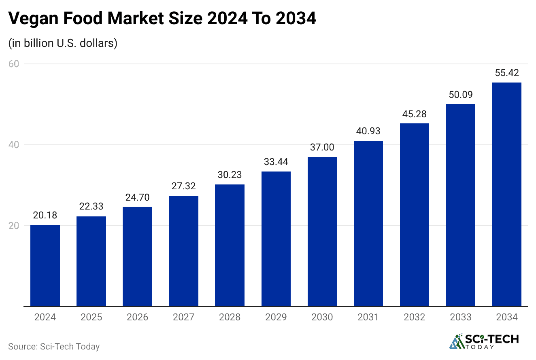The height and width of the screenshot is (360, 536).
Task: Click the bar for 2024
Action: point(45,266)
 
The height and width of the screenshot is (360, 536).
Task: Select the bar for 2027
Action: point(183,251)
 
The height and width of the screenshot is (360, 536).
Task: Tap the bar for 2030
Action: point(322,231)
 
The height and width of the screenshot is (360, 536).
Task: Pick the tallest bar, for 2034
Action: point(506,195)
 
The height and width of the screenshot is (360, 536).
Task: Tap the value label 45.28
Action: point(414,114)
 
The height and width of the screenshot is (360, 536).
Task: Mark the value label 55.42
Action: point(506,73)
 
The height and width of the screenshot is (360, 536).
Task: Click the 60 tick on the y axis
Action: point(15,64)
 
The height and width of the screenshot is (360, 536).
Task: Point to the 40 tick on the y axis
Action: point(15,145)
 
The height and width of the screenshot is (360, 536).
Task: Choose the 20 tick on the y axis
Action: point(15,226)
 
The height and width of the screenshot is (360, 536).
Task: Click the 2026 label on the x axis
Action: point(137,317)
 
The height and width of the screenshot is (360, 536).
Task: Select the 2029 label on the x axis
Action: point(276,317)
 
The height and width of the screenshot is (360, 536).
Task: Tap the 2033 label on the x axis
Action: point(460,317)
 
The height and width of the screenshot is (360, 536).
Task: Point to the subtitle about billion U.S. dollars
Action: point(63,43)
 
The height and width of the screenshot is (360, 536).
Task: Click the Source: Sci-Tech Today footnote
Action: point(54,347)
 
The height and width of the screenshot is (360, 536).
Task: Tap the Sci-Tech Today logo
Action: point(484,341)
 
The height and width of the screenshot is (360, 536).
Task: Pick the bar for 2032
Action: point(414,215)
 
